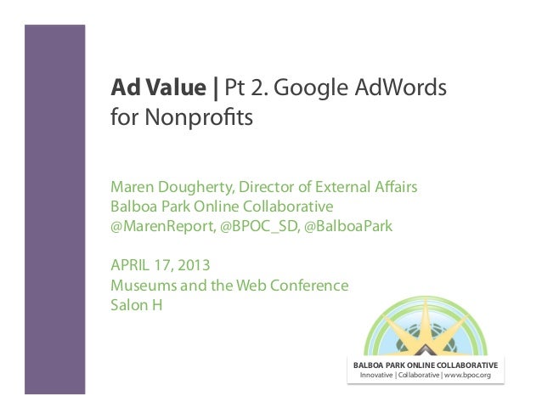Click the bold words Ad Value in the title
(x=160, y=88)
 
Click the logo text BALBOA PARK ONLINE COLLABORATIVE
(x=426, y=365)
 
